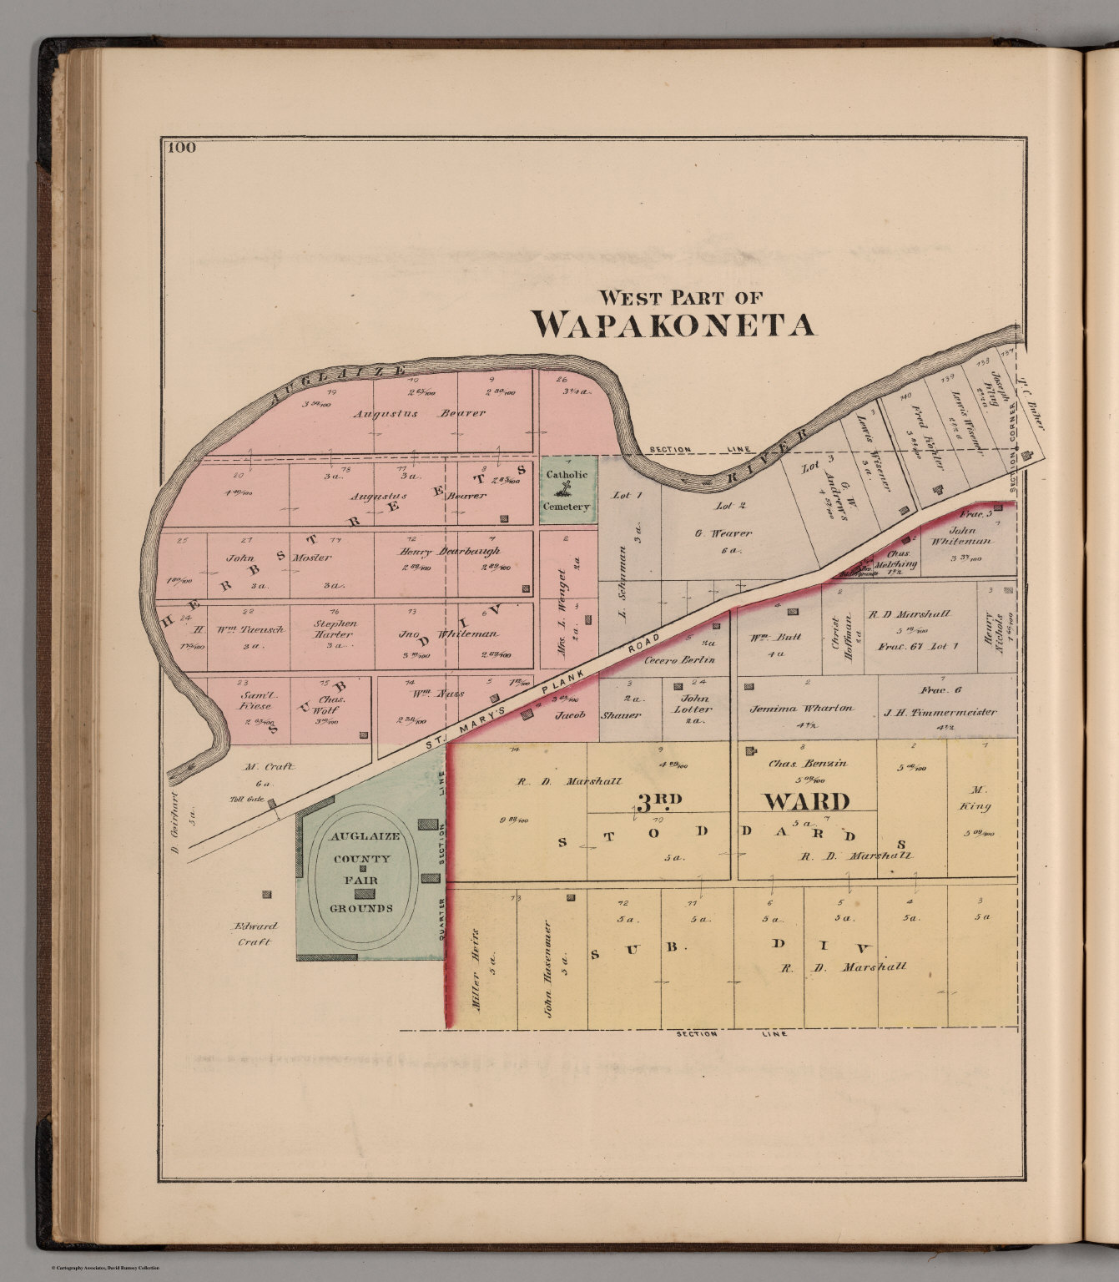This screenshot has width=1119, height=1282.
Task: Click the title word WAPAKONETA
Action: [674, 325]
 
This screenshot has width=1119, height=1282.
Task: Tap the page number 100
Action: [181, 149]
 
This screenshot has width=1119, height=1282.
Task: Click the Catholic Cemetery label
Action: [567, 490]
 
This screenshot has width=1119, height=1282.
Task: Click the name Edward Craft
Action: [255, 934]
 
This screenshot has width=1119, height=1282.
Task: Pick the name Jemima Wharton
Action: [801, 708]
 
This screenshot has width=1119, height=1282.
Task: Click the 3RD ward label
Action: [659, 802]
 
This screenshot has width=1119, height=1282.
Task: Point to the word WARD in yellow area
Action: [807, 802]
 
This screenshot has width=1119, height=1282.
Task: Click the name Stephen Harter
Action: [335, 628]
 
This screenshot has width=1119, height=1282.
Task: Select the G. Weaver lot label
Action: [722, 532]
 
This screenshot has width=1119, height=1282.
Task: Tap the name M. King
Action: [980, 798]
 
